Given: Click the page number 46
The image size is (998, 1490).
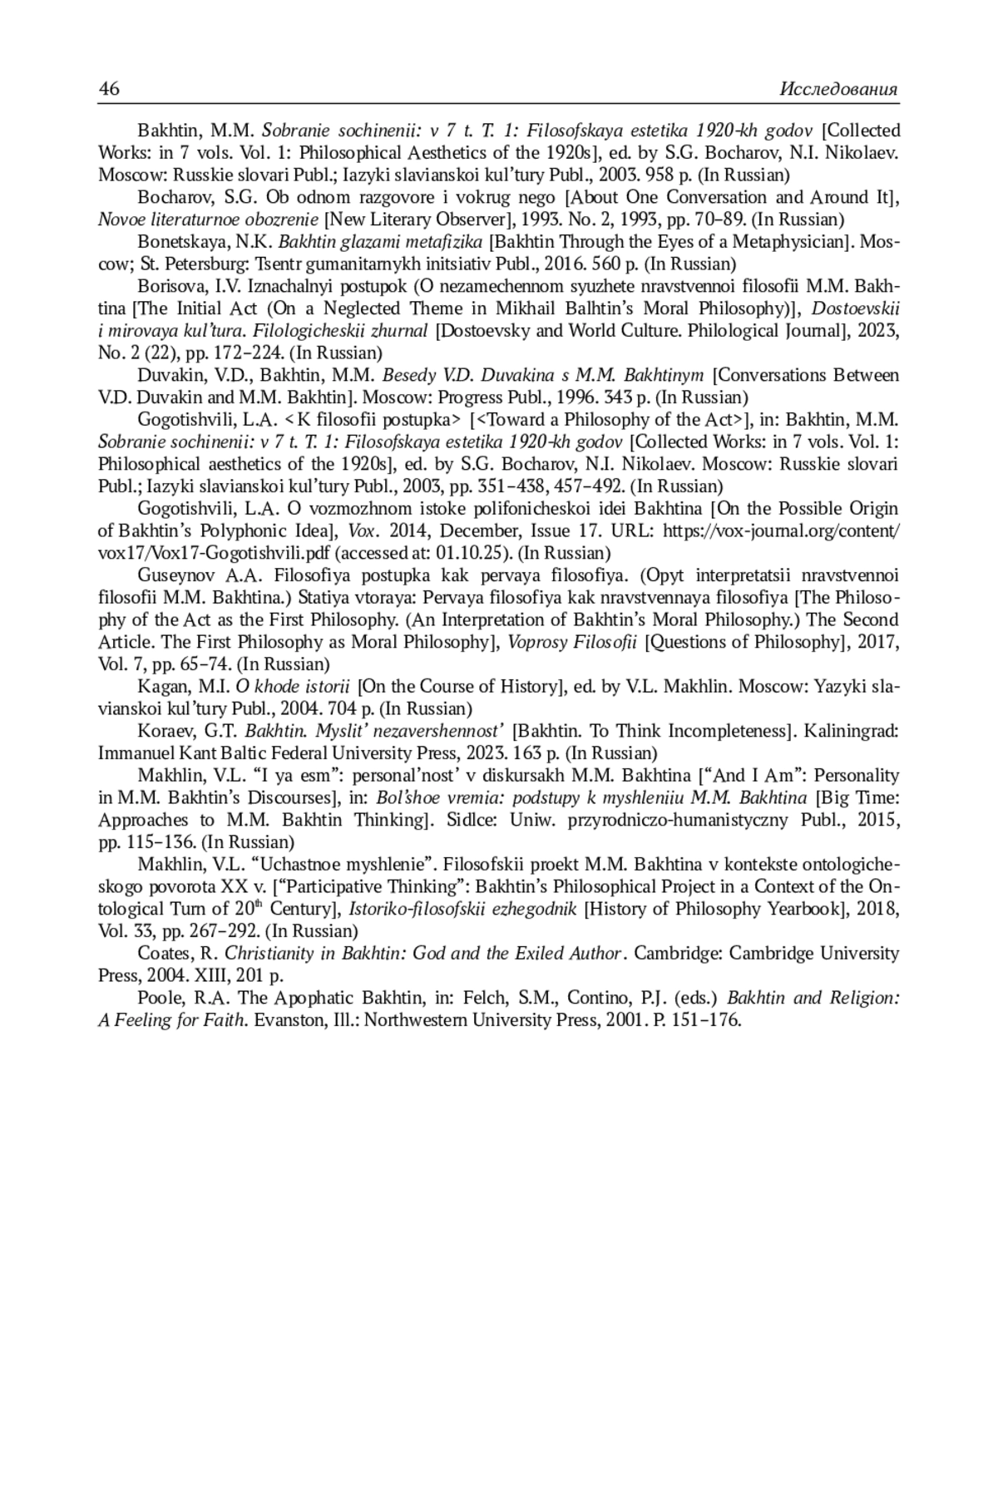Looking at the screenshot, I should tap(109, 89).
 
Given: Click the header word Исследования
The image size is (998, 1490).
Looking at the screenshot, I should tap(839, 90).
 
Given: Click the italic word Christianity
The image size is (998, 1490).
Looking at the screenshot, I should tap(269, 953).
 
